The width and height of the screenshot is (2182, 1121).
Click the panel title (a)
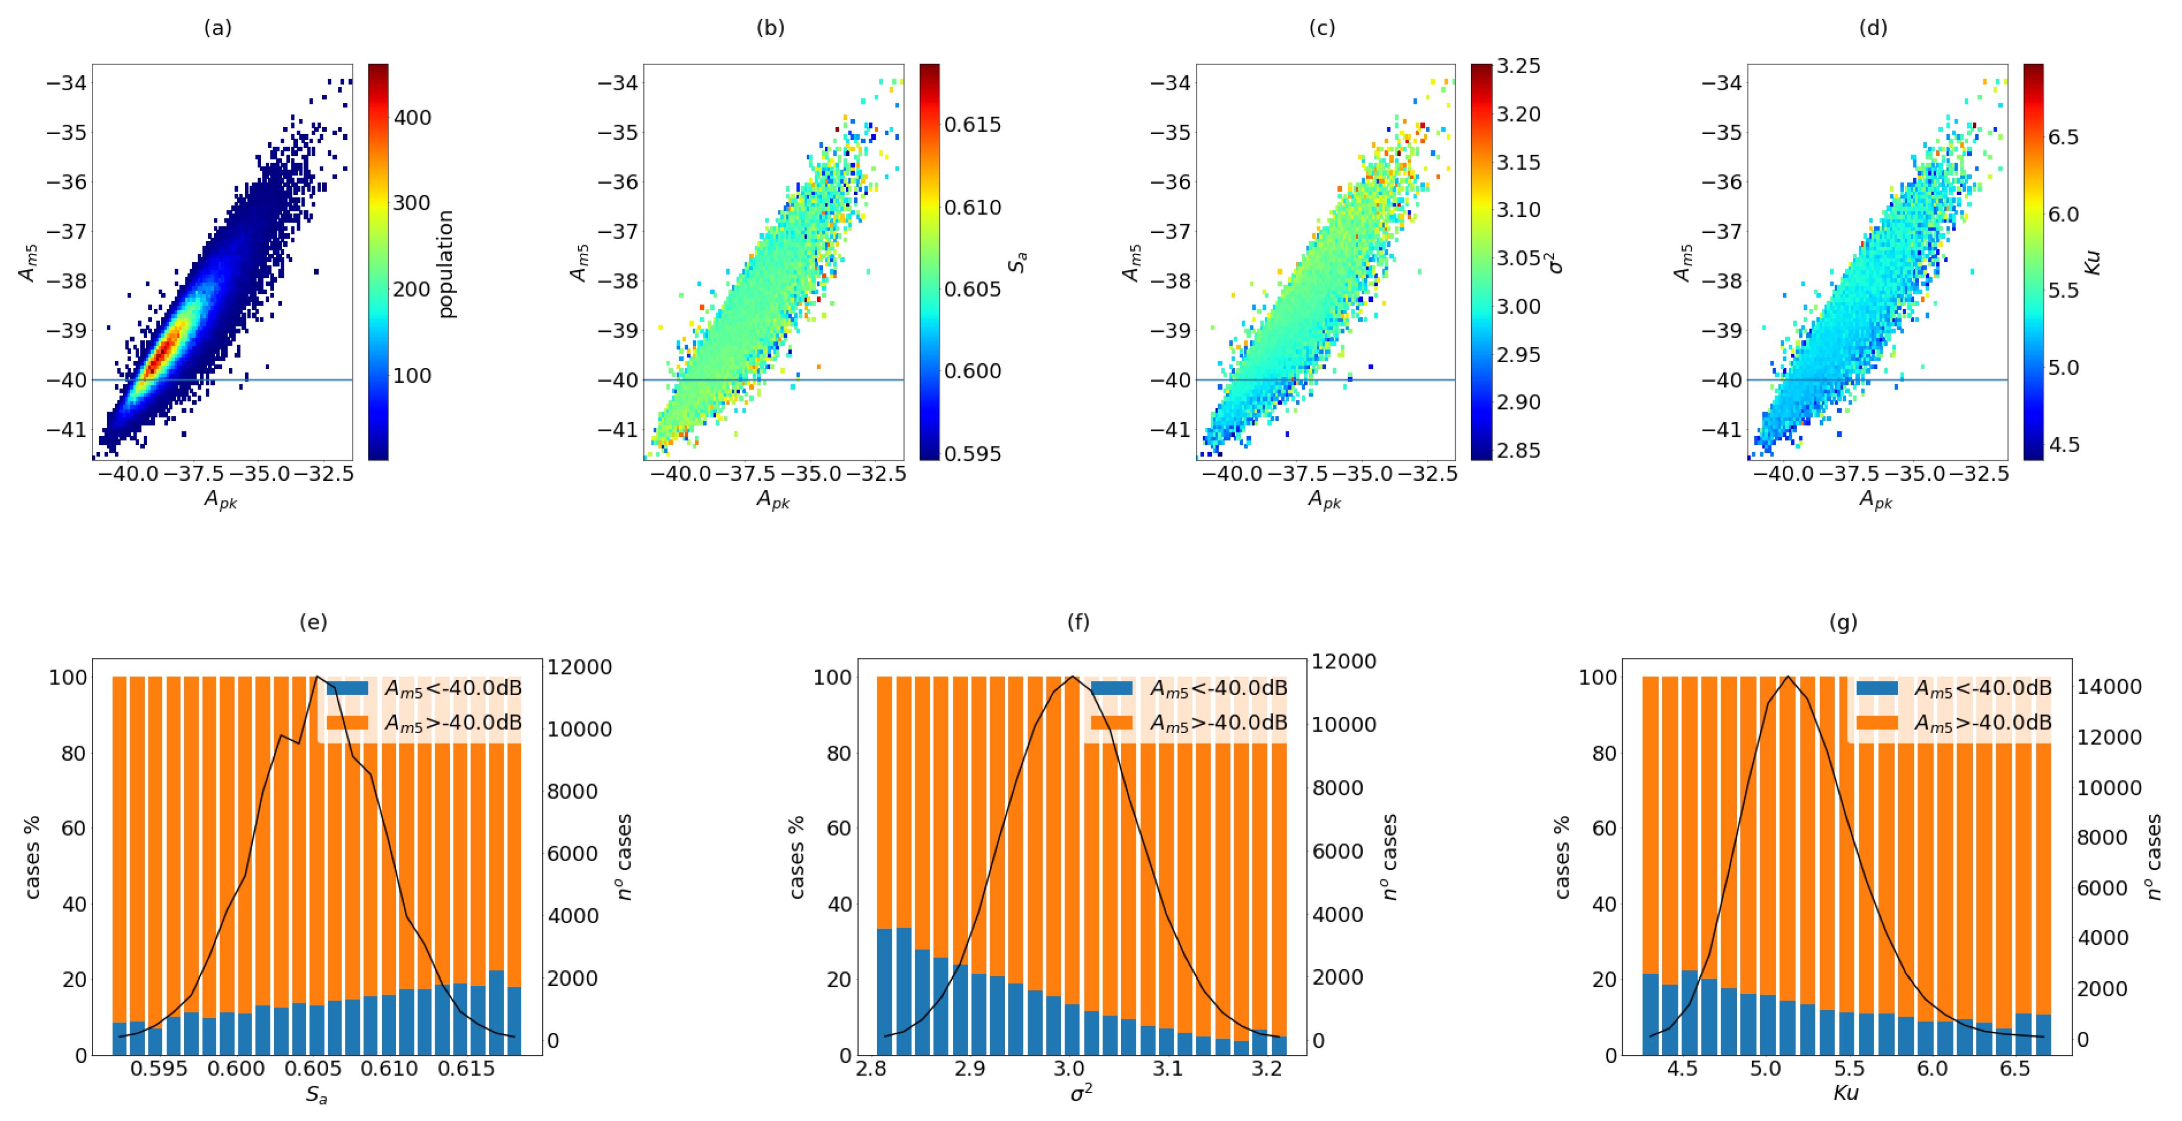tap(218, 28)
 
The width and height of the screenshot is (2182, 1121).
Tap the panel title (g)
tap(1843, 622)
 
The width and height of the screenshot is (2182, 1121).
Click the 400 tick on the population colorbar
tap(412, 117)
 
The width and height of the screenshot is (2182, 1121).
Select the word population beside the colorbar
tap(446, 263)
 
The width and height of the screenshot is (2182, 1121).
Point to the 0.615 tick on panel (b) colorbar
tap(973, 125)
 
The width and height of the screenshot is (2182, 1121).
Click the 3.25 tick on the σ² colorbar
tap(1518, 66)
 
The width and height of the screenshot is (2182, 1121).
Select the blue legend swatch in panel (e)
tap(347, 688)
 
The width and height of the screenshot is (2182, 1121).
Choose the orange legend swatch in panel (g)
tap(1877, 723)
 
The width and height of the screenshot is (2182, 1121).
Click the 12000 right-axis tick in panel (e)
tap(579, 667)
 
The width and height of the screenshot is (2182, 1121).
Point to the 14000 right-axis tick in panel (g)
tap(2109, 687)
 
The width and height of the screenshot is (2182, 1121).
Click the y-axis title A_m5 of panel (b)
tap(579, 263)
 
